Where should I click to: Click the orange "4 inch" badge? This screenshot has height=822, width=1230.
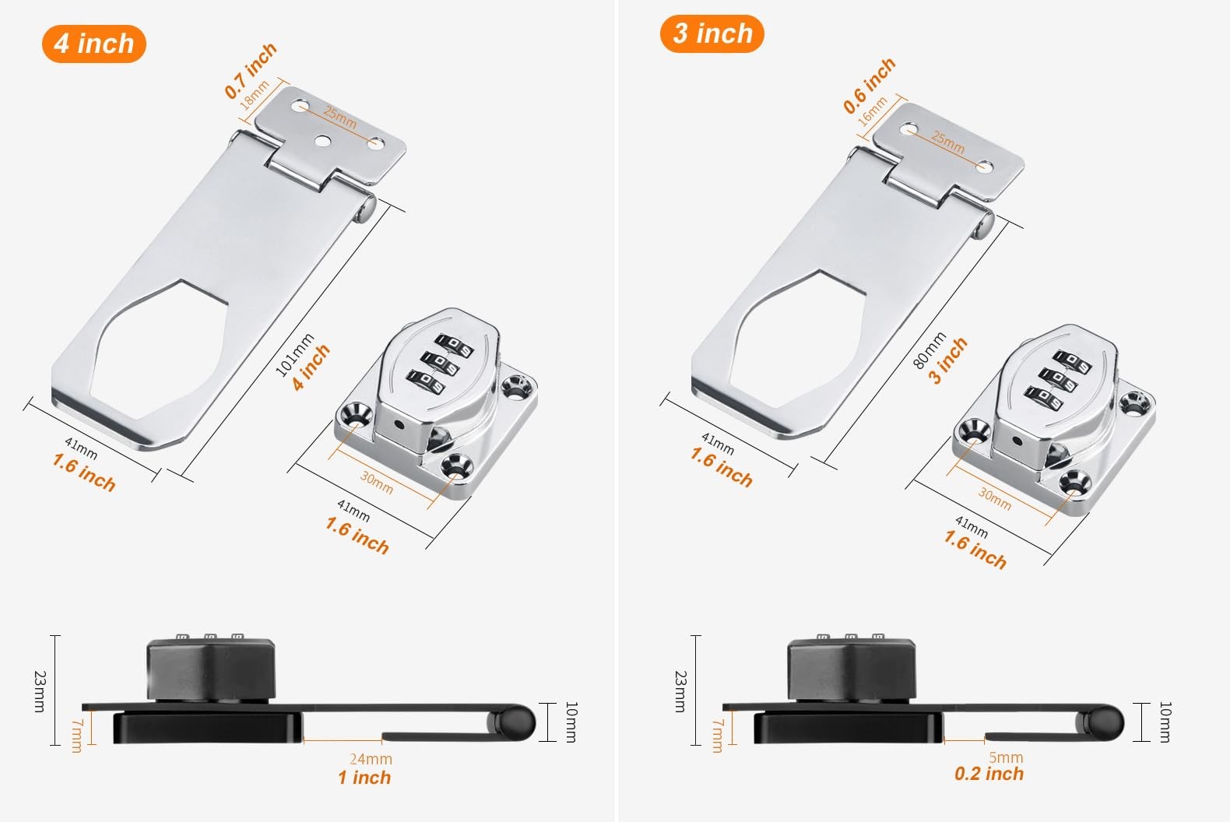[94, 44]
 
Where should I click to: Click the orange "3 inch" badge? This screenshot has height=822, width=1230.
[712, 34]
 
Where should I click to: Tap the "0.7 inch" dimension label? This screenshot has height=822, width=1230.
[251, 71]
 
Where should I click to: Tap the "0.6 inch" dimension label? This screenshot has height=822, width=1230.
[870, 86]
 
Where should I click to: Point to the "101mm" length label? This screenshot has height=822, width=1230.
[293, 355]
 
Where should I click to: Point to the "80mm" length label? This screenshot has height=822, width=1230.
[929, 350]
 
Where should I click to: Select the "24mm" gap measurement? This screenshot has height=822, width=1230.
[371, 759]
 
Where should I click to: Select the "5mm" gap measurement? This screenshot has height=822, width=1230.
[1006, 757]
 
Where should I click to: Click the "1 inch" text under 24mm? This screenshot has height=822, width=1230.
[364, 778]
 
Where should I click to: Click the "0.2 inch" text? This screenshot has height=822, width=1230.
[989, 774]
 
